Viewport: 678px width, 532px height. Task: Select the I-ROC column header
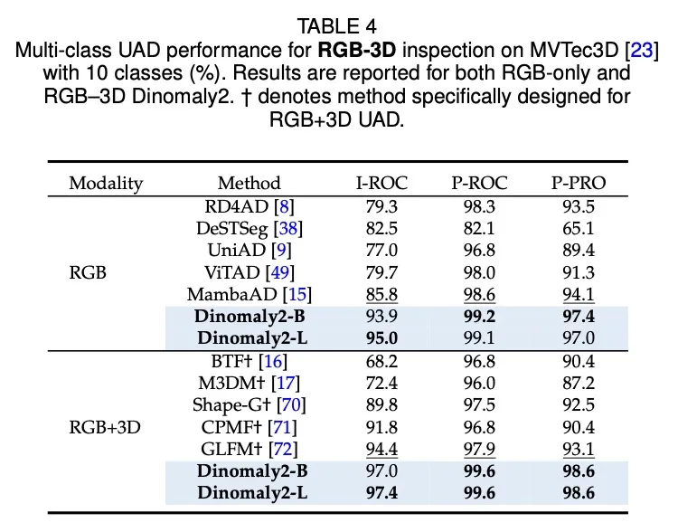(x=381, y=183)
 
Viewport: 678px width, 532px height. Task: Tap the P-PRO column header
(x=579, y=183)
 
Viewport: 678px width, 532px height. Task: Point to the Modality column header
(x=106, y=183)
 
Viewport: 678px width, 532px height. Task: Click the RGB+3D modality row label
(x=106, y=425)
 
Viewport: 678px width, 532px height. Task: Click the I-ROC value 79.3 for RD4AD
(x=381, y=205)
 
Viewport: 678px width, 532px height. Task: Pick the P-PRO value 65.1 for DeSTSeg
(x=579, y=227)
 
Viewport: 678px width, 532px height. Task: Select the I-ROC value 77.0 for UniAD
(x=381, y=250)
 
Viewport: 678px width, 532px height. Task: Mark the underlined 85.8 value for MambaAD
(x=381, y=294)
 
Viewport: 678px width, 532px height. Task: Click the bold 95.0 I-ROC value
(x=381, y=338)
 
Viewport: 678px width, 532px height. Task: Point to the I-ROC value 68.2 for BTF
(x=381, y=360)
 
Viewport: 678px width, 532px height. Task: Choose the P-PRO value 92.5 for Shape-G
(x=579, y=404)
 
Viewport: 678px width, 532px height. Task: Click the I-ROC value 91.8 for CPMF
(x=381, y=427)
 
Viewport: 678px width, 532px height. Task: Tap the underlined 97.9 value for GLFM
(x=479, y=449)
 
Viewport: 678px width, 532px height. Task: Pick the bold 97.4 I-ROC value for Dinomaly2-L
(x=381, y=493)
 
